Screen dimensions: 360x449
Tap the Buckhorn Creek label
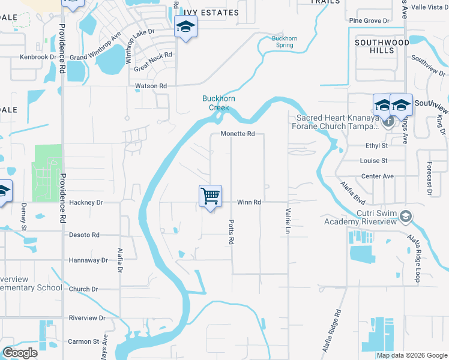[x=218, y=103]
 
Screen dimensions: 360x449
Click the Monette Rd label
[x=238, y=134]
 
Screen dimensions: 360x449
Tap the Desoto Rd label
[x=84, y=235]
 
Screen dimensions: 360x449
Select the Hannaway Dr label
[x=88, y=260]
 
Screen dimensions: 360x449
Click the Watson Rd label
[x=151, y=86]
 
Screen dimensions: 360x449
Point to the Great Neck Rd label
[x=153, y=62]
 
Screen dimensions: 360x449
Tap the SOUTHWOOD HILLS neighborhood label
[x=382, y=47]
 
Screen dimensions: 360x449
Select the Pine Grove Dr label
[x=369, y=21]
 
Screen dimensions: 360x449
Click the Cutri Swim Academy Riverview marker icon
[x=406, y=215]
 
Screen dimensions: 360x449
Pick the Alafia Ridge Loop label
[x=415, y=258]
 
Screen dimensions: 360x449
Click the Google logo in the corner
[x=20, y=353]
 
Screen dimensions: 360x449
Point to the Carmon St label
[x=83, y=341]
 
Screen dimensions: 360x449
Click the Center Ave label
[x=377, y=176]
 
